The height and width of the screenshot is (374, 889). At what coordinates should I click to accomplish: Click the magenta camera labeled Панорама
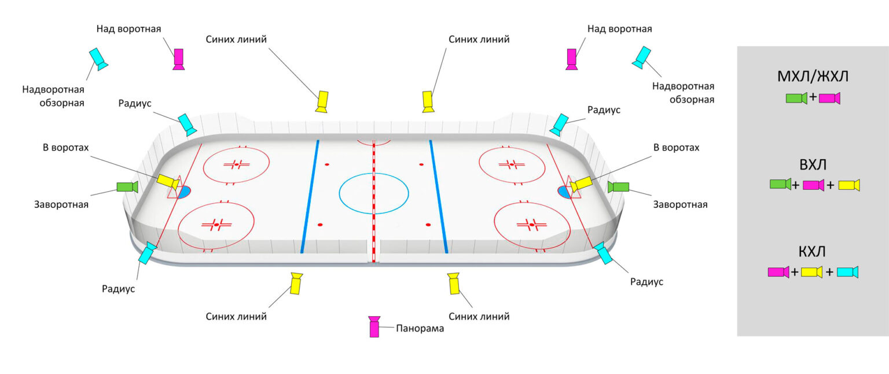pos(374,327)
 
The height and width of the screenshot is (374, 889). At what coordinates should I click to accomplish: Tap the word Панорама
pos(420,328)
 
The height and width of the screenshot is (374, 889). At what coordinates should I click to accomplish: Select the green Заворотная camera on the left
pos(126,187)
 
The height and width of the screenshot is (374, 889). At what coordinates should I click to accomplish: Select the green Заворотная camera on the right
pos(619,187)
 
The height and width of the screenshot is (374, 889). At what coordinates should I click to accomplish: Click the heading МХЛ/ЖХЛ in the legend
pos(812,78)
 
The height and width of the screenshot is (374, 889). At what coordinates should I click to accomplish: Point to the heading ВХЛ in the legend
pos(813,165)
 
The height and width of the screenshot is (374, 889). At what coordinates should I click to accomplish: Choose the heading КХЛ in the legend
pos(812,252)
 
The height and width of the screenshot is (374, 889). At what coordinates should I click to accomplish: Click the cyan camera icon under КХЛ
pos(847,272)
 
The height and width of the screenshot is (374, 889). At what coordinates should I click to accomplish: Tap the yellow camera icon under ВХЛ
pos(848,185)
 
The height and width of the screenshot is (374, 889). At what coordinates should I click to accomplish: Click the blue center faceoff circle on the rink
pos(373,193)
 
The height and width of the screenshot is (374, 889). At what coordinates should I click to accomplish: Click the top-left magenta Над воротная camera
pos(179,58)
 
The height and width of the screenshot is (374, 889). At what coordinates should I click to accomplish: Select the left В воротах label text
pos(65,148)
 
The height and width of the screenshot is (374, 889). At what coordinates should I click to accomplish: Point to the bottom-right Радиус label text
pos(646,282)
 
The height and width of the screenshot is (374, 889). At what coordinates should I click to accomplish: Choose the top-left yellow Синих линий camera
pos(322,101)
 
